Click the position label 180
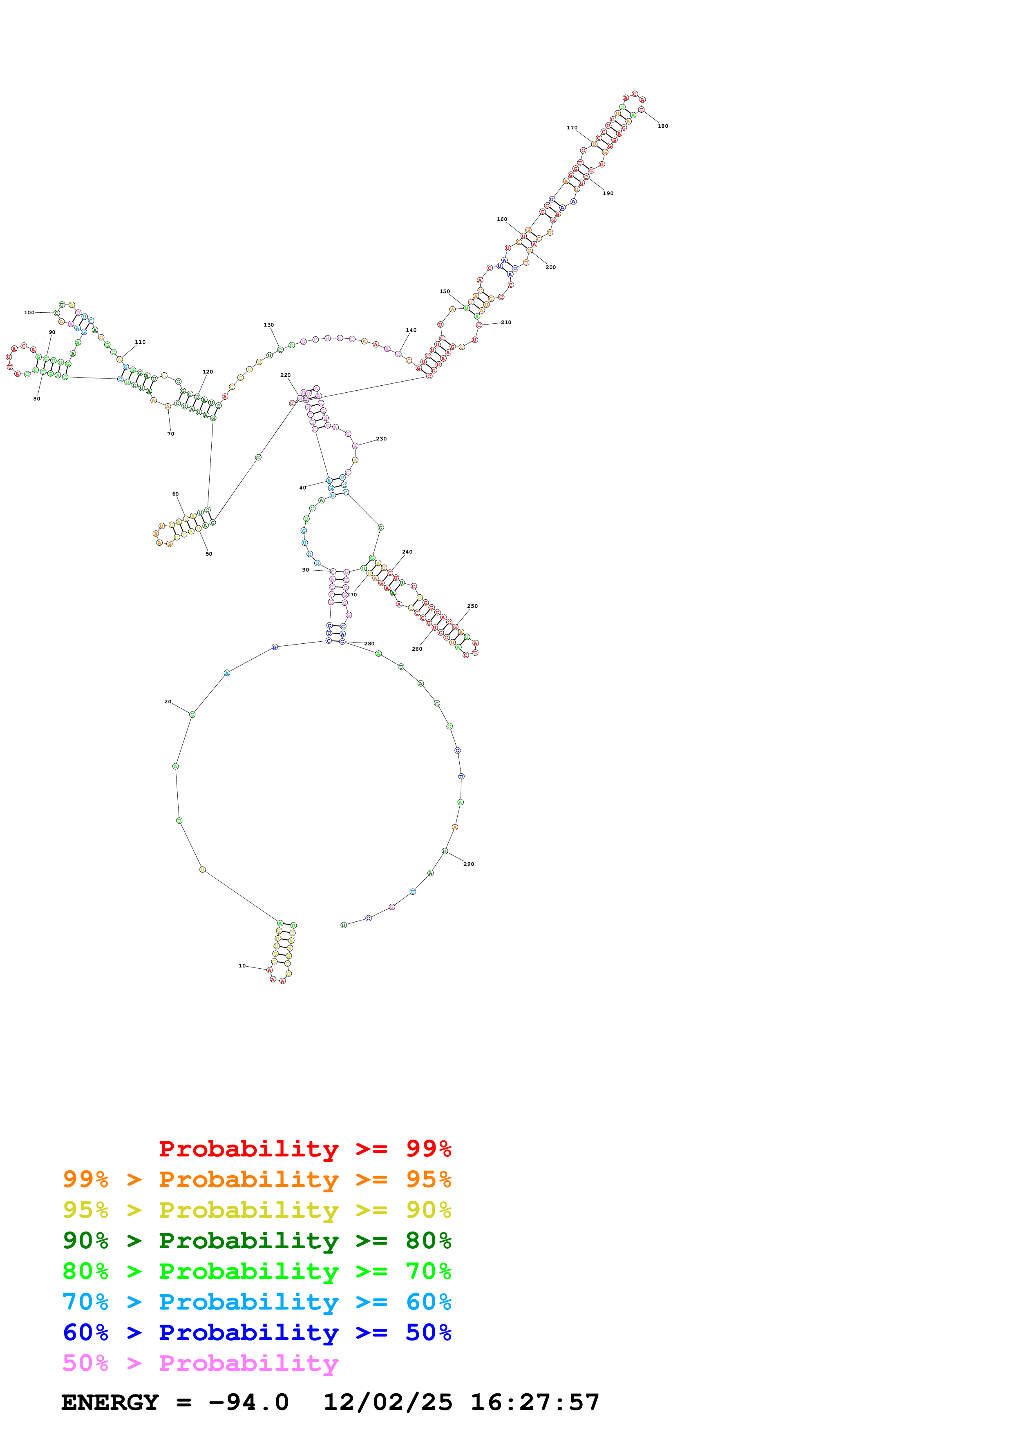[662, 126]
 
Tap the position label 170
[572, 128]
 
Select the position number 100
[29, 312]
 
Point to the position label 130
[268, 325]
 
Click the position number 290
[469, 864]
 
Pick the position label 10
[242, 965]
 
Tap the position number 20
[167, 702]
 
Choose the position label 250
[472, 606]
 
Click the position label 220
[285, 375]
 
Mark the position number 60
[175, 494]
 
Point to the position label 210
[506, 322]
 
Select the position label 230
[381, 438]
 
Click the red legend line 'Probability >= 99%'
[304, 1148]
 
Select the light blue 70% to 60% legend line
[257, 1302]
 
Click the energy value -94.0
[248, 1402]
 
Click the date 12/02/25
[388, 1402]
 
